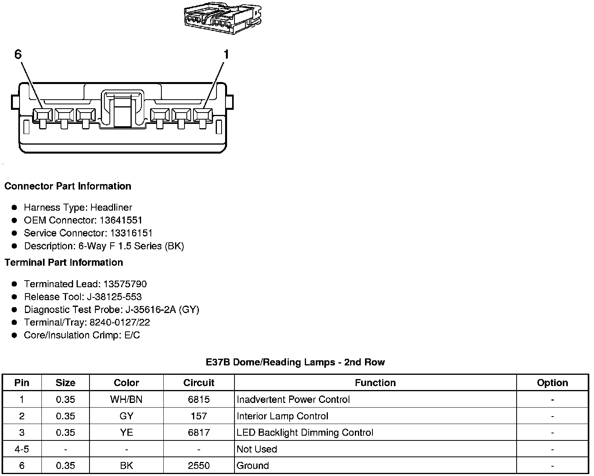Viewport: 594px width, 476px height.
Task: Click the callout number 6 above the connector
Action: (18, 54)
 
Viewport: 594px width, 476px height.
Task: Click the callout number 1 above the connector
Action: (226, 54)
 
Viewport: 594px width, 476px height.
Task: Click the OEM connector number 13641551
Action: (121, 220)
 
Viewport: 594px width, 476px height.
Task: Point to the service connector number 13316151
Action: (131, 233)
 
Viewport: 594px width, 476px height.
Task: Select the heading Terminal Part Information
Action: (64, 262)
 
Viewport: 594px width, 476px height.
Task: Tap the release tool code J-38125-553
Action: (113, 297)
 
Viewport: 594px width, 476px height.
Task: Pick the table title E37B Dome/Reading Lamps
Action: (295, 362)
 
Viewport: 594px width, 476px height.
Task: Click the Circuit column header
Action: (199, 383)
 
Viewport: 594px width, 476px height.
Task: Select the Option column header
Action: (552, 383)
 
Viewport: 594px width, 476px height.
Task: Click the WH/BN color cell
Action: (126, 399)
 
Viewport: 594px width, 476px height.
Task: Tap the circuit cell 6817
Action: (199, 433)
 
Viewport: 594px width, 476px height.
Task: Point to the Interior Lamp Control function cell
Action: (283, 416)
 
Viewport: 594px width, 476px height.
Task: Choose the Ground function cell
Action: (253, 466)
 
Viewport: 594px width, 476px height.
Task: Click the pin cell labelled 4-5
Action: (22, 449)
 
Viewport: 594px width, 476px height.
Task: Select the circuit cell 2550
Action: (199, 466)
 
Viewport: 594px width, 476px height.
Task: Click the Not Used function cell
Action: (257, 449)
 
